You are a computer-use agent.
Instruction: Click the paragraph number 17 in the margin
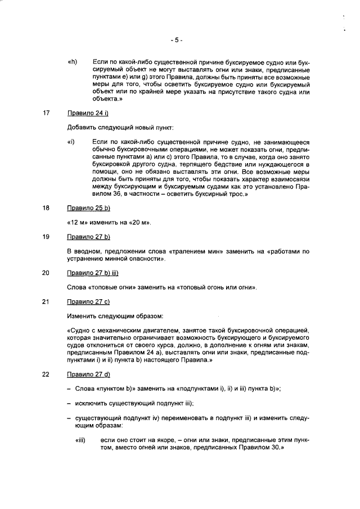[47, 113]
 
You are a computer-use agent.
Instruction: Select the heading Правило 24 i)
[88, 113]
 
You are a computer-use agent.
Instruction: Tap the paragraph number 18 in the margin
[47, 208]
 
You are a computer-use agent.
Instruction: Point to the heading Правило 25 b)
[89, 208]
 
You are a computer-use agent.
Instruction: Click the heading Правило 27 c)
[88, 301]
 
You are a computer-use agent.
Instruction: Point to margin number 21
[47, 301]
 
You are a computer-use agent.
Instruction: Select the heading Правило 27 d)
[89, 375]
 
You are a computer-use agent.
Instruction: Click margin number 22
[47, 375]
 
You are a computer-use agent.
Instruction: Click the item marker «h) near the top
[72, 61]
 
